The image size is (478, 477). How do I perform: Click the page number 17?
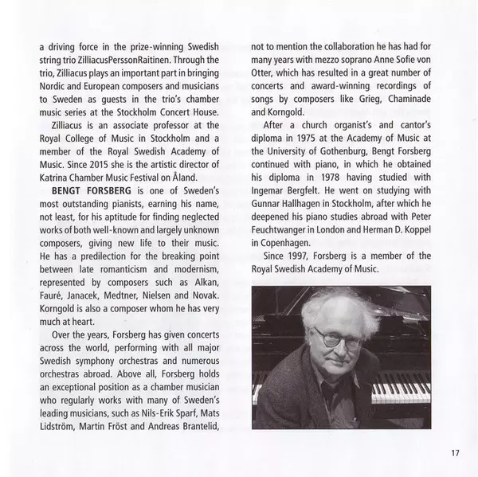coord(454,453)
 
